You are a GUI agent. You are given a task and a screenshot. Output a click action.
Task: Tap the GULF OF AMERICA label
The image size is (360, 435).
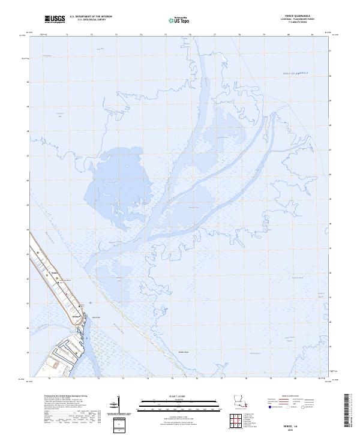295,73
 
